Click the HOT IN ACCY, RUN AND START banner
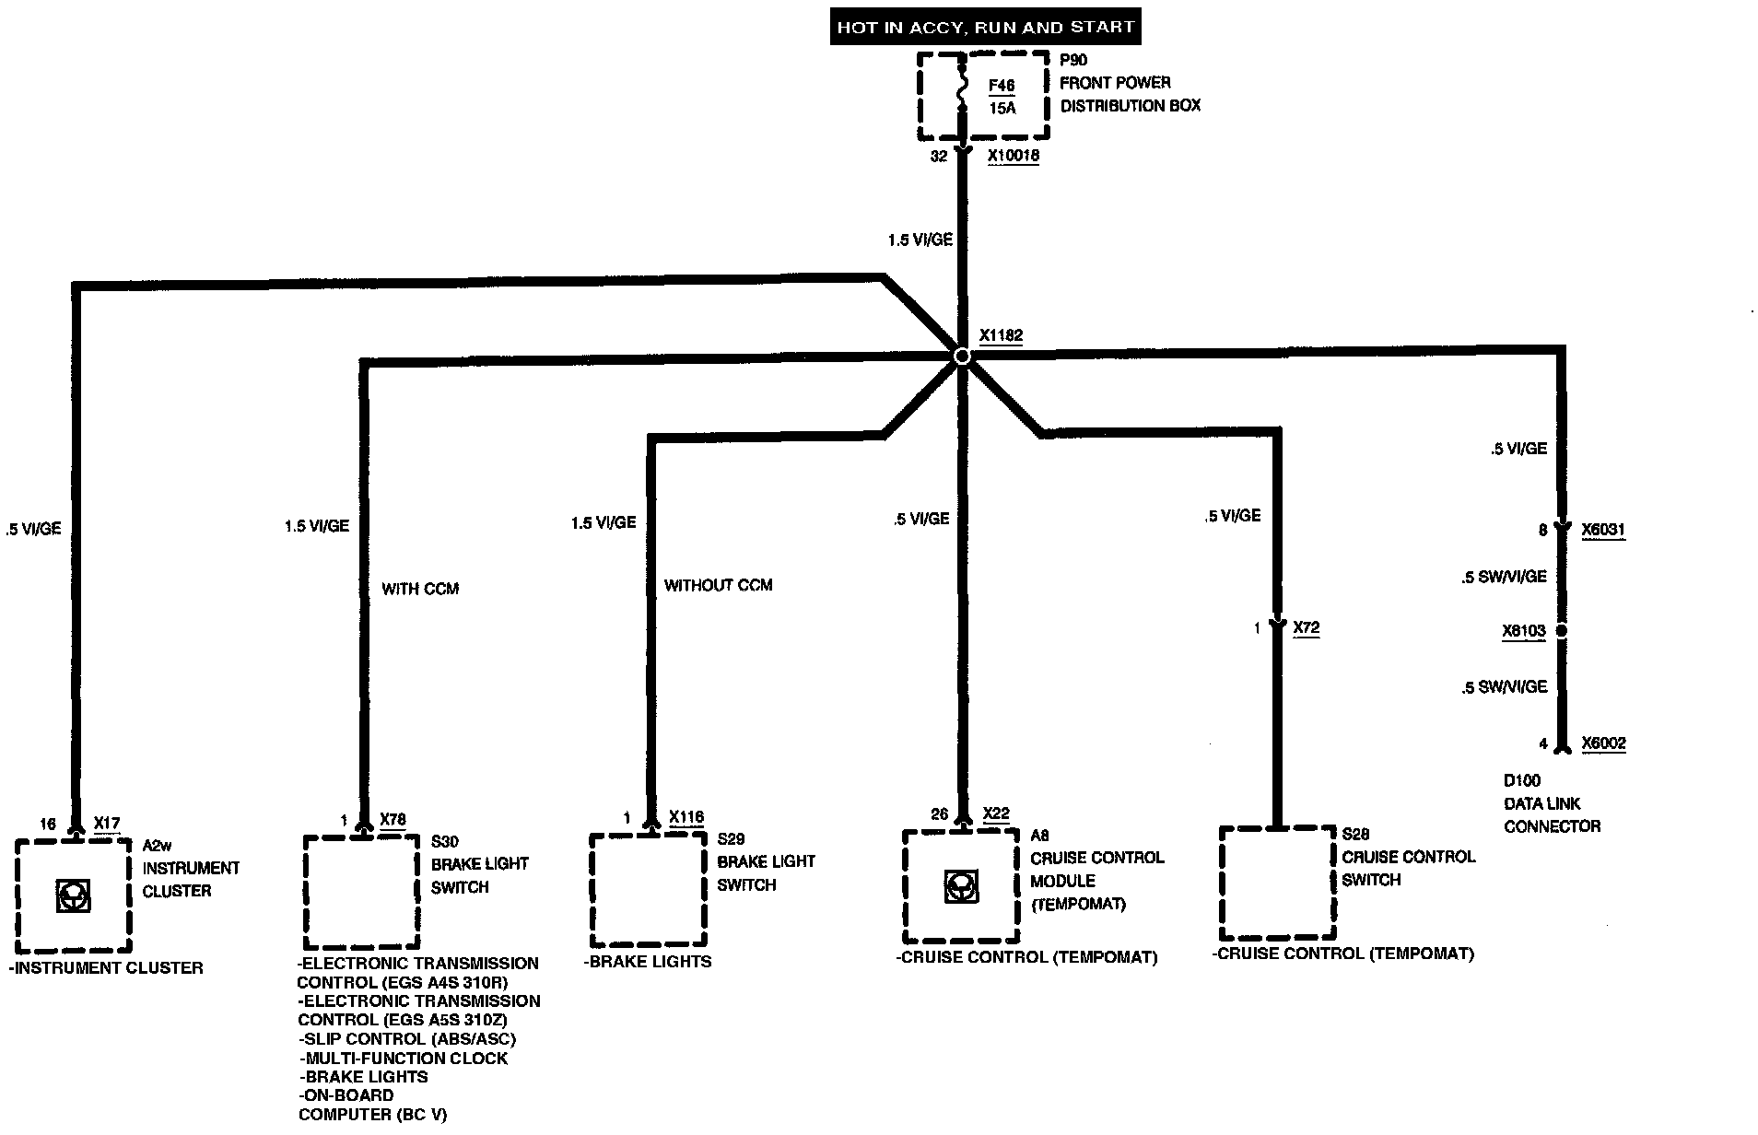tap(985, 27)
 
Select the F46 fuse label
tap(1001, 86)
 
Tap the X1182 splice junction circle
tap(962, 356)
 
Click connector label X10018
tap(1014, 156)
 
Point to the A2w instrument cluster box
tap(74, 895)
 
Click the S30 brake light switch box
tap(362, 891)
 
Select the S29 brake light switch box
tap(648, 889)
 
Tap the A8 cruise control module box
tap(961, 885)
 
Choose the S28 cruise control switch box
tap(1277, 882)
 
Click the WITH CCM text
tap(420, 589)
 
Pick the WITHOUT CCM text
tap(718, 585)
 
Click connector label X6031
tap(1603, 530)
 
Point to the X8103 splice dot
tap(1562, 631)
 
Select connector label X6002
tap(1603, 743)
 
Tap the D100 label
tap(1521, 780)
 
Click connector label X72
tap(1307, 628)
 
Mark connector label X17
tap(107, 823)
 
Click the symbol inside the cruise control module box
tap(961, 886)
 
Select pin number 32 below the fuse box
tap(938, 157)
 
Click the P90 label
tap(1073, 60)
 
